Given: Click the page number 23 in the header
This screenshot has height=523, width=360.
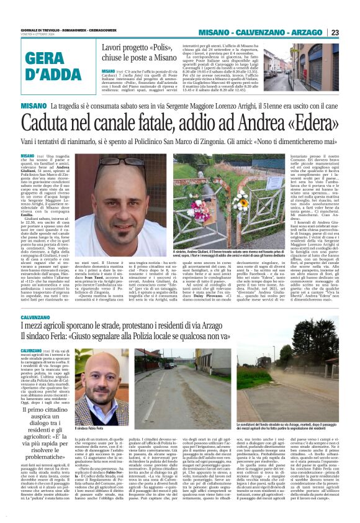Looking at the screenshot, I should [x=351, y=32].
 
